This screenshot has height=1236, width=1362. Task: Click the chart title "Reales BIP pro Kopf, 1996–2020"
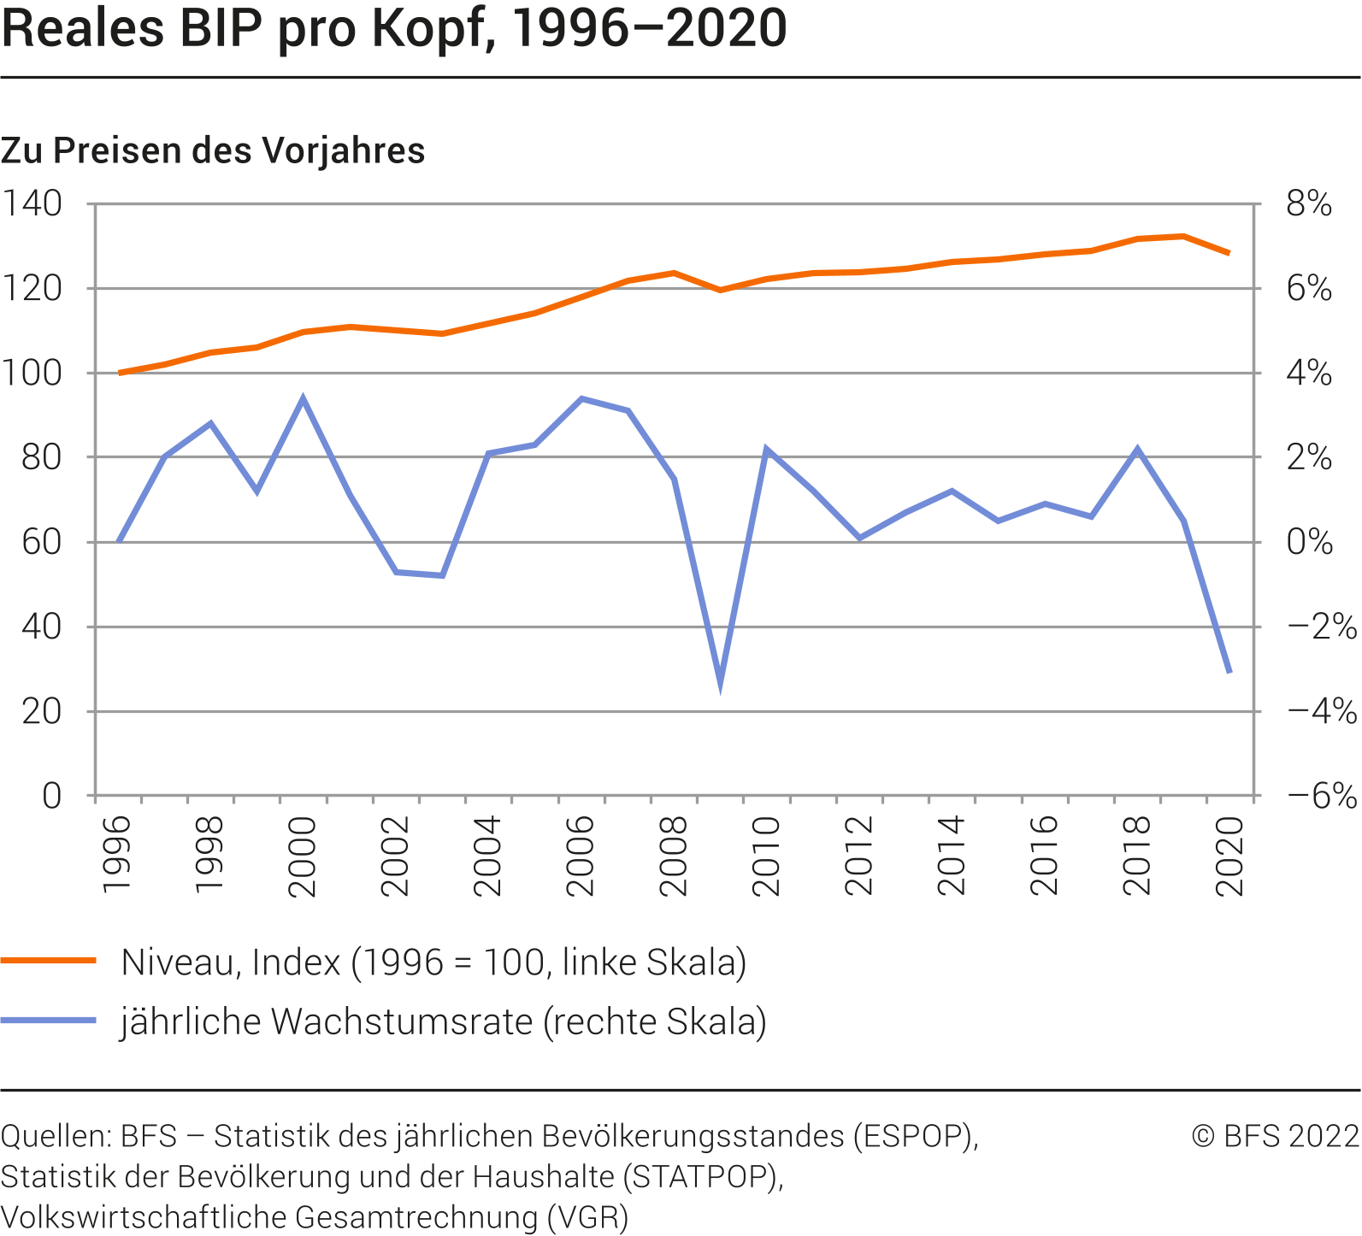click(393, 29)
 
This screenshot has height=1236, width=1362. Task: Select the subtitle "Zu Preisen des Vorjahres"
click(213, 151)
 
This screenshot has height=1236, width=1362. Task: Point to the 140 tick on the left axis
click(32, 204)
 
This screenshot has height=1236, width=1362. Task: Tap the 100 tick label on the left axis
click(32, 374)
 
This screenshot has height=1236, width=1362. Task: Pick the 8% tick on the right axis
click(1308, 204)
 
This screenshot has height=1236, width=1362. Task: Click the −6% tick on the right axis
click(1321, 796)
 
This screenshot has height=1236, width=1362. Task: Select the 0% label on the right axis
click(1308, 542)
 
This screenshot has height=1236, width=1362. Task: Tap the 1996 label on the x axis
click(116, 855)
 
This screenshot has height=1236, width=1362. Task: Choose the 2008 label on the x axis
click(673, 855)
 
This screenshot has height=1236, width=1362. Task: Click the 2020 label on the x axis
click(1229, 855)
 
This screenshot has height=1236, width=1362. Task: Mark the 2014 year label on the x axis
click(951, 855)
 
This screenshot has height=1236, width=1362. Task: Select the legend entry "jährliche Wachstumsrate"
click(443, 1021)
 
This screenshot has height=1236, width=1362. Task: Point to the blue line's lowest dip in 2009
click(720, 680)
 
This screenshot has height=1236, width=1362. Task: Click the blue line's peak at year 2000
click(303, 398)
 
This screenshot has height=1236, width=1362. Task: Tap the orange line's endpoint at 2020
click(1229, 253)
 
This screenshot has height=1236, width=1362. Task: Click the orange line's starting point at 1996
click(119, 373)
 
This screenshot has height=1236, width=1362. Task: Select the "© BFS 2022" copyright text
click(1275, 1136)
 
